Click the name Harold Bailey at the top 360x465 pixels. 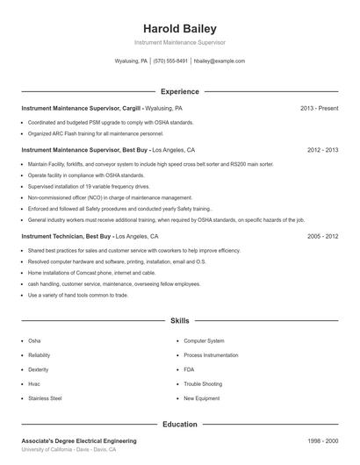point(180,29)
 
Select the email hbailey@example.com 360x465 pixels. point(219,61)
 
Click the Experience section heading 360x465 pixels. point(180,91)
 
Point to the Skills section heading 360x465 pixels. point(180,322)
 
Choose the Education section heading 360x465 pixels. point(180,425)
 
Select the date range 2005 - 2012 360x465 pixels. point(323,236)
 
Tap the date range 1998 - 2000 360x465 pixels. point(323,440)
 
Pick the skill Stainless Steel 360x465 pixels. point(45,398)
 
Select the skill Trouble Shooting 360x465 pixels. point(203,383)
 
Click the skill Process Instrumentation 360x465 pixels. point(212,355)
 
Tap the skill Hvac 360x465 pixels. point(34,383)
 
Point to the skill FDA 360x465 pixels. point(189,369)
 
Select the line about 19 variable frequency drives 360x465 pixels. point(89,186)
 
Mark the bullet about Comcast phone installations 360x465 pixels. point(102,273)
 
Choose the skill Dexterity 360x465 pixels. point(40,369)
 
